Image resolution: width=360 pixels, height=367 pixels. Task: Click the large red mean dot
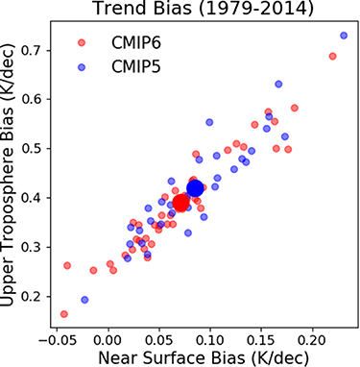[x=181, y=203]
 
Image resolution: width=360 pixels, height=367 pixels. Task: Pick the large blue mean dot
[x=196, y=188]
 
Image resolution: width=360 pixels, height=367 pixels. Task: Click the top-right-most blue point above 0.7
[x=344, y=36]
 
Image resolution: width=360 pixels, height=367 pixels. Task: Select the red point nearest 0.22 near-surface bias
[x=332, y=57]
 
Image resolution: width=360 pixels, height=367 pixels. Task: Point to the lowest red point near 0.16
[x=64, y=314]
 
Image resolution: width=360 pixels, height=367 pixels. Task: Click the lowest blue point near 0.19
[x=84, y=300]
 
